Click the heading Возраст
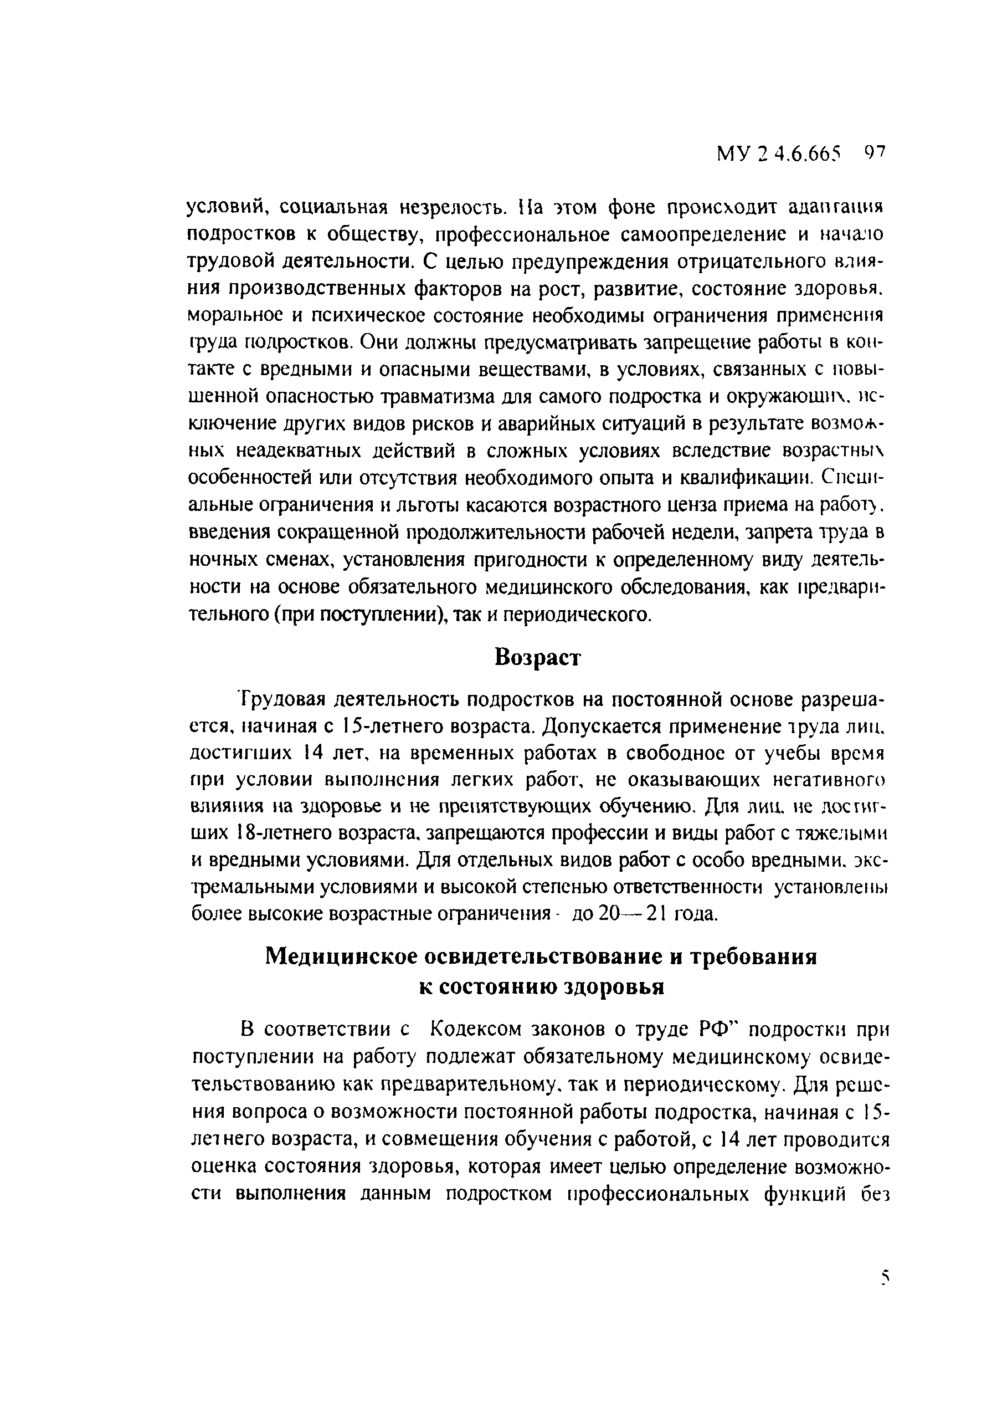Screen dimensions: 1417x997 pos(538,658)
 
